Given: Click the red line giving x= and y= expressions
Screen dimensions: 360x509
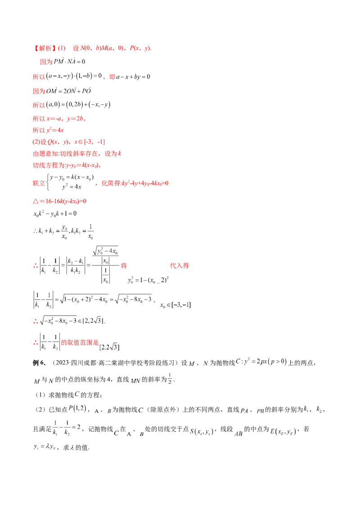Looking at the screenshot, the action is pyautogui.click(x=59, y=119).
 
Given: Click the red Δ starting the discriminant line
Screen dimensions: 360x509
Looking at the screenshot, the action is pyautogui.click(x=35, y=200).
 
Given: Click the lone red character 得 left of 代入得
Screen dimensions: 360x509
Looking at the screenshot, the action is pyautogui.click(x=121, y=266).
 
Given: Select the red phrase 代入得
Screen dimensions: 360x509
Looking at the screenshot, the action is pyautogui.click(x=180, y=266).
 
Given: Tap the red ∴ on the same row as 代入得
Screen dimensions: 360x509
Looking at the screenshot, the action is pyautogui.click(x=35, y=266).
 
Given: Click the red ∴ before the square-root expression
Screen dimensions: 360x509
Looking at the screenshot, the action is pyautogui.click(x=35, y=321).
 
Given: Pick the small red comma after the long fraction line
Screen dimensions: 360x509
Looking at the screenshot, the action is pyautogui.click(x=154, y=304).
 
